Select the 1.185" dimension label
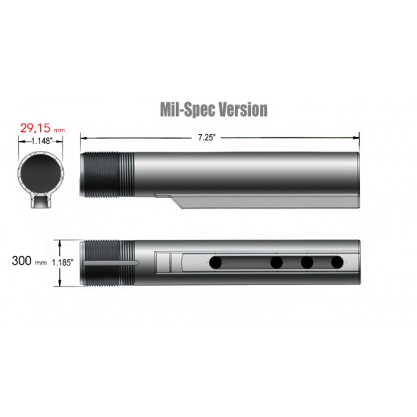69,262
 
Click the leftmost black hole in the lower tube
216,262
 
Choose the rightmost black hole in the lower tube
337,262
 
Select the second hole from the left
277,262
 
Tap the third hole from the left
307,262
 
